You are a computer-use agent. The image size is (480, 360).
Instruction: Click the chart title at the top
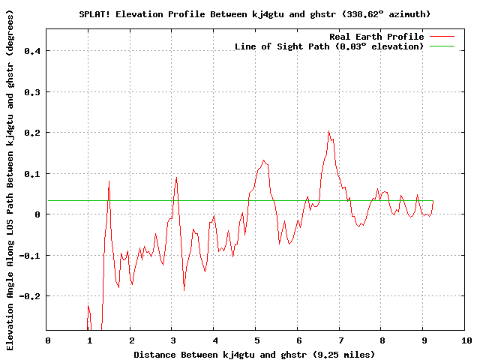coord(254,14)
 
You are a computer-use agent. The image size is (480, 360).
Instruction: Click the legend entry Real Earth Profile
coord(376,37)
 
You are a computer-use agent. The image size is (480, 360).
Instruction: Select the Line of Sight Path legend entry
coord(329,46)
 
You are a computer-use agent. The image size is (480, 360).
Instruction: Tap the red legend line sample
coord(442,37)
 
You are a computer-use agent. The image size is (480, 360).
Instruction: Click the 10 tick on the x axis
coord(466,341)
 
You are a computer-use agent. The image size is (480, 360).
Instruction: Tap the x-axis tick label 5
coord(256,341)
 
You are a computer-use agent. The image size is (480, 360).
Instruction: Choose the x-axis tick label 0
coord(47,341)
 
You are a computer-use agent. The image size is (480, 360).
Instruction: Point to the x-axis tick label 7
coord(340,341)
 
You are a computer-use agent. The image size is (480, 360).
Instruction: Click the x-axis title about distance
coord(254,354)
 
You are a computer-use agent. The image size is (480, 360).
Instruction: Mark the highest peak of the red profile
coord(328,131)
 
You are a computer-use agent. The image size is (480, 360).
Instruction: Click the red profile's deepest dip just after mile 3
coord(184,289)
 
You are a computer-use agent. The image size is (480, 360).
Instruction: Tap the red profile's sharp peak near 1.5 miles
coord(109,181)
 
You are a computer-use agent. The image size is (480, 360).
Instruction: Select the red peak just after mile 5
coord(264,160)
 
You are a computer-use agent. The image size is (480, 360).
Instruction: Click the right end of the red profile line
coord(433,201)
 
